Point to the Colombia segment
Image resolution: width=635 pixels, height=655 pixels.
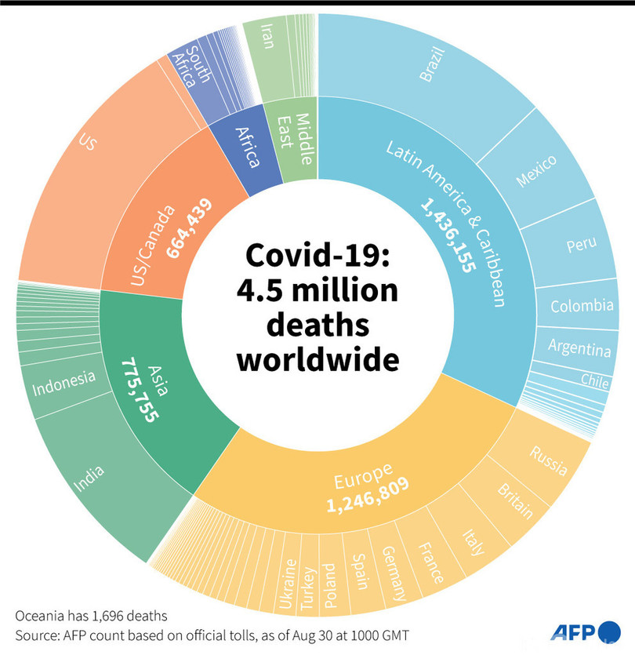(x=582, y=305)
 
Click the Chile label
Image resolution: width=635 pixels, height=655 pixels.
(x=594, y=379)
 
